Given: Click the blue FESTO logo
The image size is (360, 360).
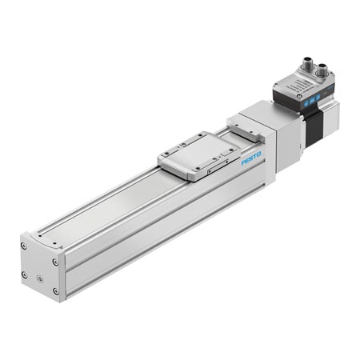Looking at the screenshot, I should (251, 159).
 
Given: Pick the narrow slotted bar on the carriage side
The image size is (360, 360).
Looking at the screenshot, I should (214, 169).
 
